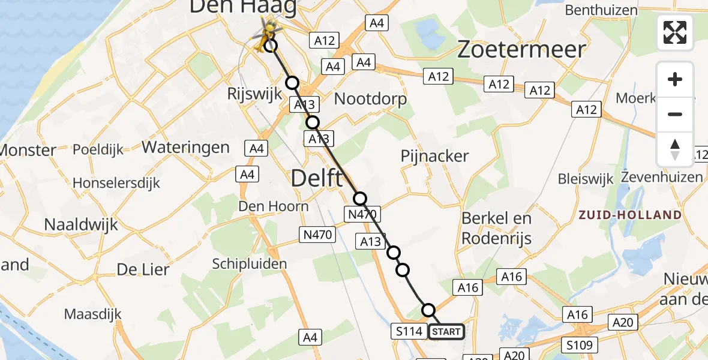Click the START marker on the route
click(x=446, y=331)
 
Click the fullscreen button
click(x=675, y=32)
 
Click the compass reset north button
click(x=675, y=149)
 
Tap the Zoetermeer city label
click(x=521, y=49)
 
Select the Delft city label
click(x=317, y=178)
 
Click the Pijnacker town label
click(x=435, y=156)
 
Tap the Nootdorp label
click(x=370, y=98)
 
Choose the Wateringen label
click(x=185, y=147)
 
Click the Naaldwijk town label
click(x=82, y=225)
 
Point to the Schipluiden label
click(x=250, y=263)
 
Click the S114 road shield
click(x=409, y=331)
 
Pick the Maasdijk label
click(x=92, y=314)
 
